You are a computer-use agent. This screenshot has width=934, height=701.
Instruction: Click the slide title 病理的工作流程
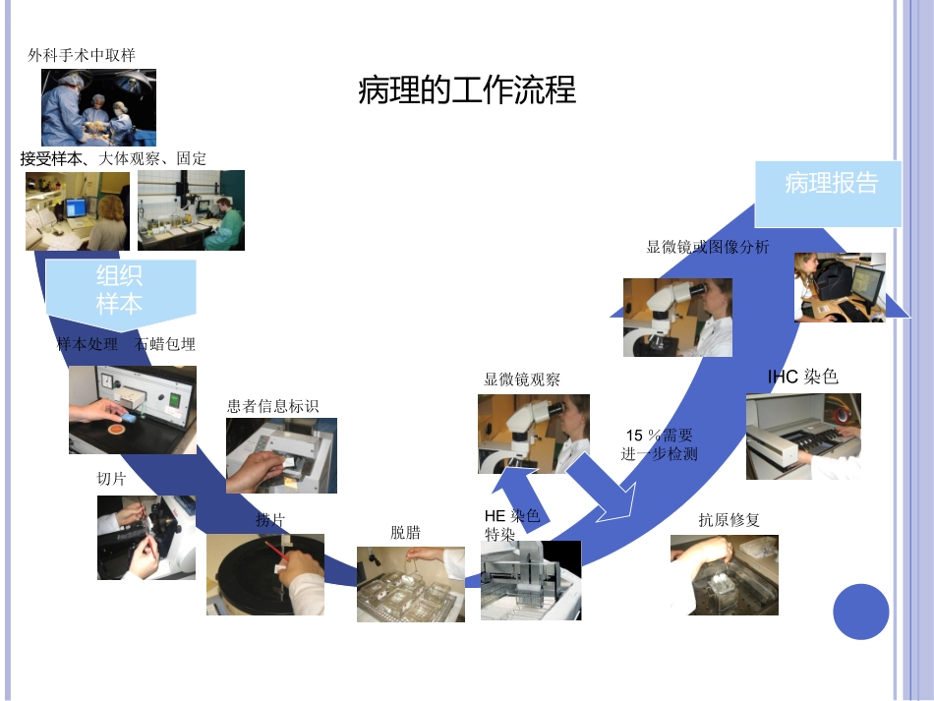point(467,90)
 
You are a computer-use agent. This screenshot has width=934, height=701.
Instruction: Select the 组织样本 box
point(120,289)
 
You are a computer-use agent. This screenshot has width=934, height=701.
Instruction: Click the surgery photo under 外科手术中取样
point(98,107)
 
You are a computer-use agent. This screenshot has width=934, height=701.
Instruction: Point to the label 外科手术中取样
point(82,55)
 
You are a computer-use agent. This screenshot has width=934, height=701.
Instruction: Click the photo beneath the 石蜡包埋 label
point(132,410)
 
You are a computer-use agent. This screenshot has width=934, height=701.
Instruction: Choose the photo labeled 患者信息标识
point(281,455)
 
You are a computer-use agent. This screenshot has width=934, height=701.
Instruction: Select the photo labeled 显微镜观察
point(533,434)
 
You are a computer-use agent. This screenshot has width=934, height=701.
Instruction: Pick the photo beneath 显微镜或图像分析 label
point(676,317)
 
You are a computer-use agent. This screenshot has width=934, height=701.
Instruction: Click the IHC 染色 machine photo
point(802,436)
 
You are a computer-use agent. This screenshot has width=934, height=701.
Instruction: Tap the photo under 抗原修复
point(724,574)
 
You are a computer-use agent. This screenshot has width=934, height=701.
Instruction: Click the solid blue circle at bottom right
point(860,612)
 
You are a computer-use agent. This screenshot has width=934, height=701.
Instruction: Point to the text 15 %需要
point(659,436)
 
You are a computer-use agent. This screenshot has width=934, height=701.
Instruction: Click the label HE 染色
point(512,516)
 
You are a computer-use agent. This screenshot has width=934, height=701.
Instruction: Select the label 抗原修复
point(729,520)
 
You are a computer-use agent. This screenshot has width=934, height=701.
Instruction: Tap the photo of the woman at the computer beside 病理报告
point(840,287)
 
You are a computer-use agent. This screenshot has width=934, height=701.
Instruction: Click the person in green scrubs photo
point(191,210)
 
